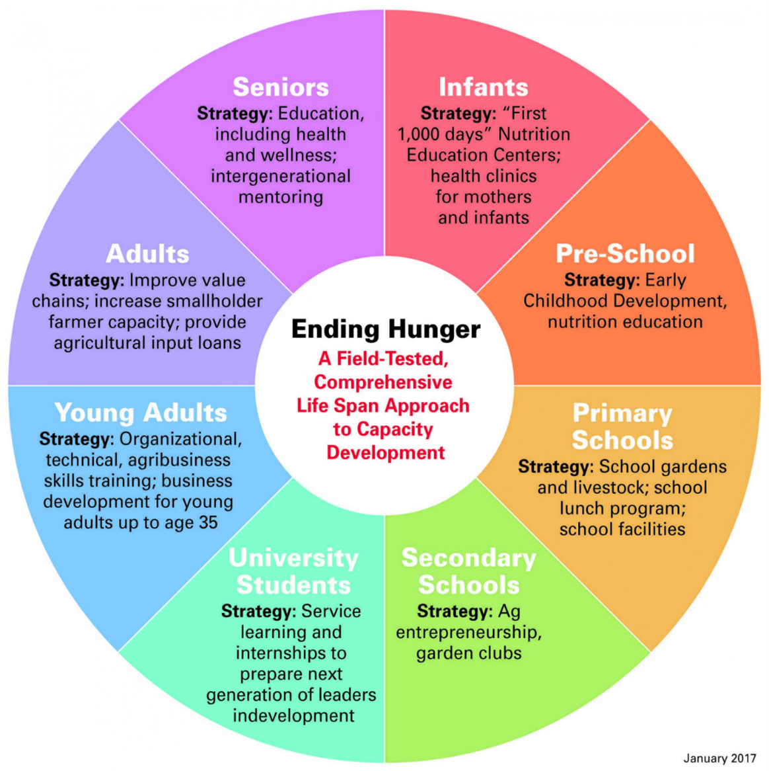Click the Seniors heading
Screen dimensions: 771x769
click(281, 87)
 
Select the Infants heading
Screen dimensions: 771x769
click(484, 87)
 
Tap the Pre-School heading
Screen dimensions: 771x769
click(625, 254)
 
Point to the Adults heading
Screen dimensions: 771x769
click(147, 254)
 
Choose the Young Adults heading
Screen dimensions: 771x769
click(141, 413)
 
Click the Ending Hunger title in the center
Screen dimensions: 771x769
click(386, 329)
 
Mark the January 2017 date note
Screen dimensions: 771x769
click(719, 758)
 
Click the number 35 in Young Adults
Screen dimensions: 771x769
click(208, 522)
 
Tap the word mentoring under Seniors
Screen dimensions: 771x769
click(281, 197)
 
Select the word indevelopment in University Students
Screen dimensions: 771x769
click(293, 715)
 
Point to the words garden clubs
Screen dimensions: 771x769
click(469, 653)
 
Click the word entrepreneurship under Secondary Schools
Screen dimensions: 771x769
click(469, 632)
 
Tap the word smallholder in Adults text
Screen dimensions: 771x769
click(211, 301)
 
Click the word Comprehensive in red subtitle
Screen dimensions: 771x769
click(383, 382)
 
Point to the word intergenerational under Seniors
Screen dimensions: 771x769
click(281, 176)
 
